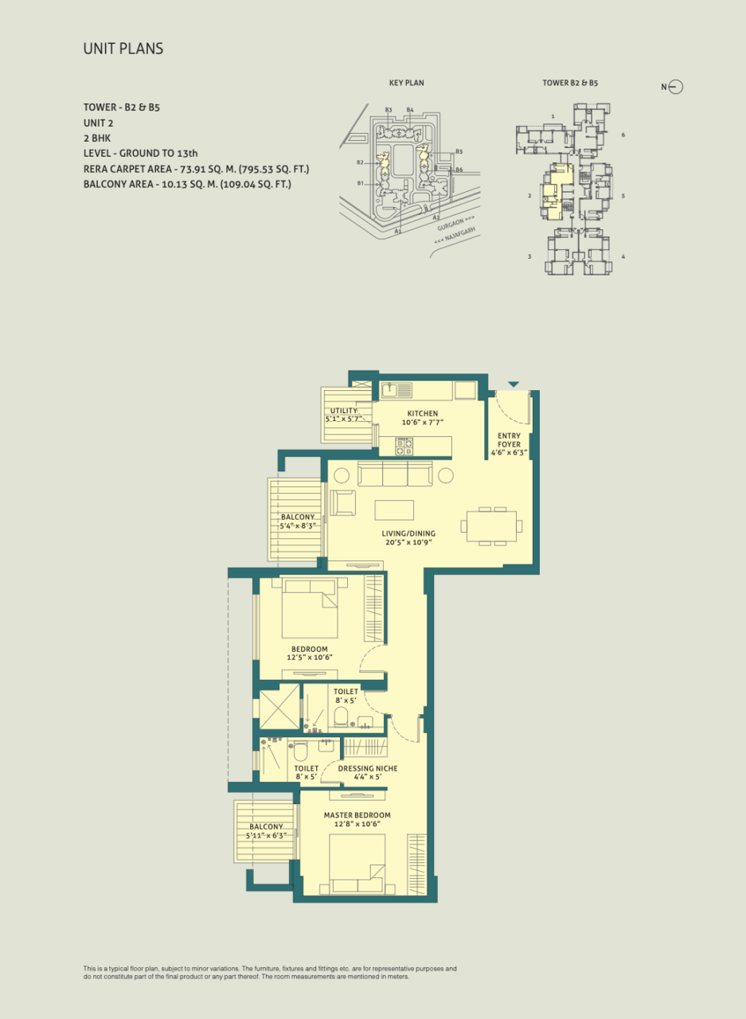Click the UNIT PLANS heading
[123, 49]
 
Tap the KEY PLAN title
[406, 83]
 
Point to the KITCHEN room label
[423, 413]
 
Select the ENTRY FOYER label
[509, 440]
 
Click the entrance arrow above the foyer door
[514, 385]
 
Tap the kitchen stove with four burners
[404, 446]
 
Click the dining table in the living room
[491, 526]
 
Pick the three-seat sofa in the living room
[395, 474]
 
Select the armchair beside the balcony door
[342, 502]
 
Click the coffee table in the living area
[394, 510]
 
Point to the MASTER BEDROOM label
[357, 815]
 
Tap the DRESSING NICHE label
[368, 768]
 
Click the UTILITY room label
[343, 411]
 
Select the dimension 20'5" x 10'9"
[408, 542]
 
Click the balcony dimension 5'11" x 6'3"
[266, 836]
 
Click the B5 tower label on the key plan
[459, 151]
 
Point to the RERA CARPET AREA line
[196, 170]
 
